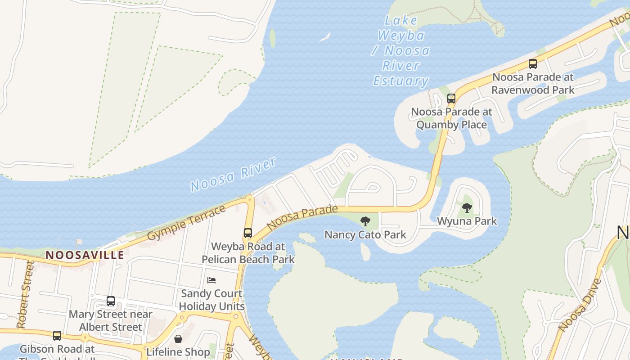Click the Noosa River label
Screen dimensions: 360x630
(233, 175)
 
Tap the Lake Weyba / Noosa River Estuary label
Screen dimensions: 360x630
(400, 50)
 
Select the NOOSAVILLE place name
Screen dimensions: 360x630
(85, 255)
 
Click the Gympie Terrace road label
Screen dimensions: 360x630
(186, 223)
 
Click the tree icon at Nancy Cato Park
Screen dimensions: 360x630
(365, 221)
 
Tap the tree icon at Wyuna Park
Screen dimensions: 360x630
(467, 208)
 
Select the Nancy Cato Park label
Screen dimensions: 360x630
(365, 234)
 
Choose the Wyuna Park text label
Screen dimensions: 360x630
(467, 221)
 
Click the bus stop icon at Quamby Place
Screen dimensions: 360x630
(451, 99)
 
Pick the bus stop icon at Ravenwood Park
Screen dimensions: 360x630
(533, 64)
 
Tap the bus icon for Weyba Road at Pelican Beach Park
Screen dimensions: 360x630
(248, 233)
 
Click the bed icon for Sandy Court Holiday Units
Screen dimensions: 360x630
(211, 280)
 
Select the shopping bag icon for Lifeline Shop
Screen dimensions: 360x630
(178, 338)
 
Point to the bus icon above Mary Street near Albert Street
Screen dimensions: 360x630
(111, 301)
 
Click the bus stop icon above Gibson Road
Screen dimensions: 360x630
(57, 336)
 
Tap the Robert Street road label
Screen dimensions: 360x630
(26, 295)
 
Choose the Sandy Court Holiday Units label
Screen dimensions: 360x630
(211, 300)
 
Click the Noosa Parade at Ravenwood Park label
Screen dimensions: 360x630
(533, 83)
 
